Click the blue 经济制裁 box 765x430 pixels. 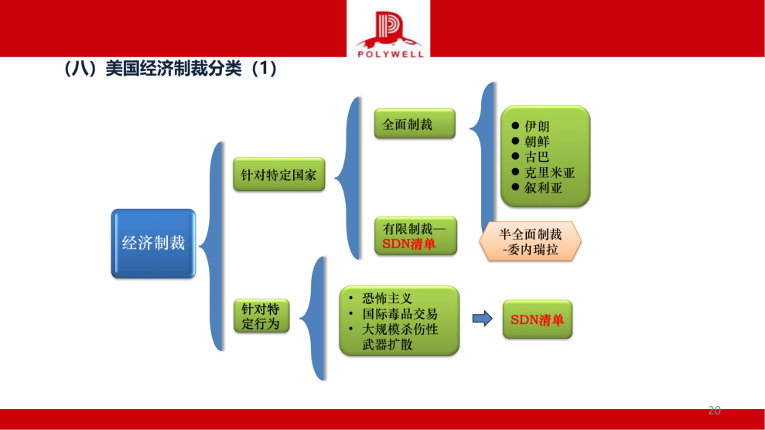[x=153, y=243]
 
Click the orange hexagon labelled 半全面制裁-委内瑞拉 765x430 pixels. [x=530, y=242]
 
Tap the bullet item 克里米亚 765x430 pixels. [x=549, y=172]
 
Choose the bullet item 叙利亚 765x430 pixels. [x=543, y=187]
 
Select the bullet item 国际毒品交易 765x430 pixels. [x=399, y=313]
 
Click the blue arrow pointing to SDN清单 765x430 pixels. [x=482, y=319]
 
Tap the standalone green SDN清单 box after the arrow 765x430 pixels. [x=537, y=319]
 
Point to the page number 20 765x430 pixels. [x=714, y=410]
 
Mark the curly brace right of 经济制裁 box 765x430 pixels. [x=212, y=244]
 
